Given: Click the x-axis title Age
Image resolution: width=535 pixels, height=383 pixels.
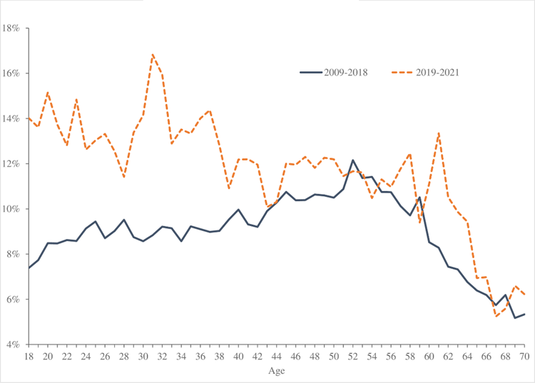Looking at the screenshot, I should pos(277,371).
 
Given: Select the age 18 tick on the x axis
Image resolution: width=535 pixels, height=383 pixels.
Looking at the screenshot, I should pos(29,356).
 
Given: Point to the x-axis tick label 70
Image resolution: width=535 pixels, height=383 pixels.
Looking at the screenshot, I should pos(525,356).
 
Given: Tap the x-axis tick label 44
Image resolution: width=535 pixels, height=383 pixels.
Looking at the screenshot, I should pos(277,356).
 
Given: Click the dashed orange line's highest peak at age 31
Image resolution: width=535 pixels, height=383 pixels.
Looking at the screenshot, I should pos(153,54).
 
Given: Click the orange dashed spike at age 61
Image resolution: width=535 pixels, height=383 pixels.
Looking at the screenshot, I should pos(439,133).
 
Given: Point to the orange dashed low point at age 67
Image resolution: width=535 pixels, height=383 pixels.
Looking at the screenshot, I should pos(496,316).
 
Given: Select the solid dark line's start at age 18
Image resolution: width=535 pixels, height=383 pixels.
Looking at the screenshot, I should pos(29,267).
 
